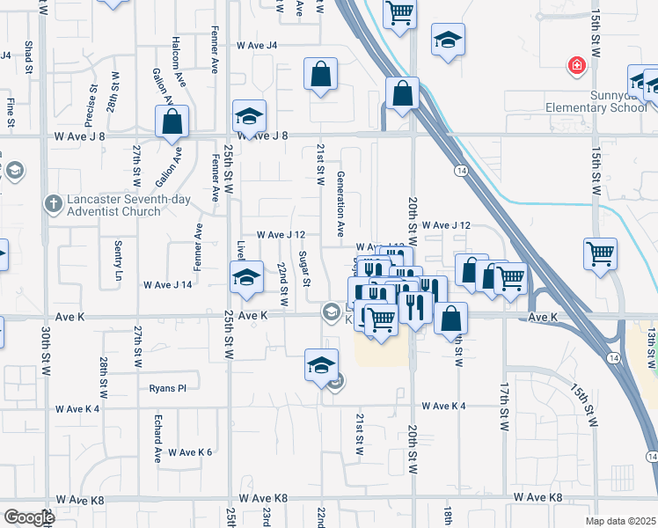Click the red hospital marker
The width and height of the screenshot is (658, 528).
point(576,65)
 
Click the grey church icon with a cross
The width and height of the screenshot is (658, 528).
point(55,204)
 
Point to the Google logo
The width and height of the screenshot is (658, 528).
point(29,517)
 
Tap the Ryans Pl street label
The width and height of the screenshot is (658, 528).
point(168,387)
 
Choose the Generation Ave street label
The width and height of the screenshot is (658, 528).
point(340,204)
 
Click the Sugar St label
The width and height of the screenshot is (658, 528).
point(305,269)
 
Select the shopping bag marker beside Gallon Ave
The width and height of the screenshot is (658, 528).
point(172,121)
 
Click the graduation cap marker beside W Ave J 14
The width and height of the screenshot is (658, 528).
point(246,277)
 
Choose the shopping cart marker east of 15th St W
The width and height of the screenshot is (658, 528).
point(600,253)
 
